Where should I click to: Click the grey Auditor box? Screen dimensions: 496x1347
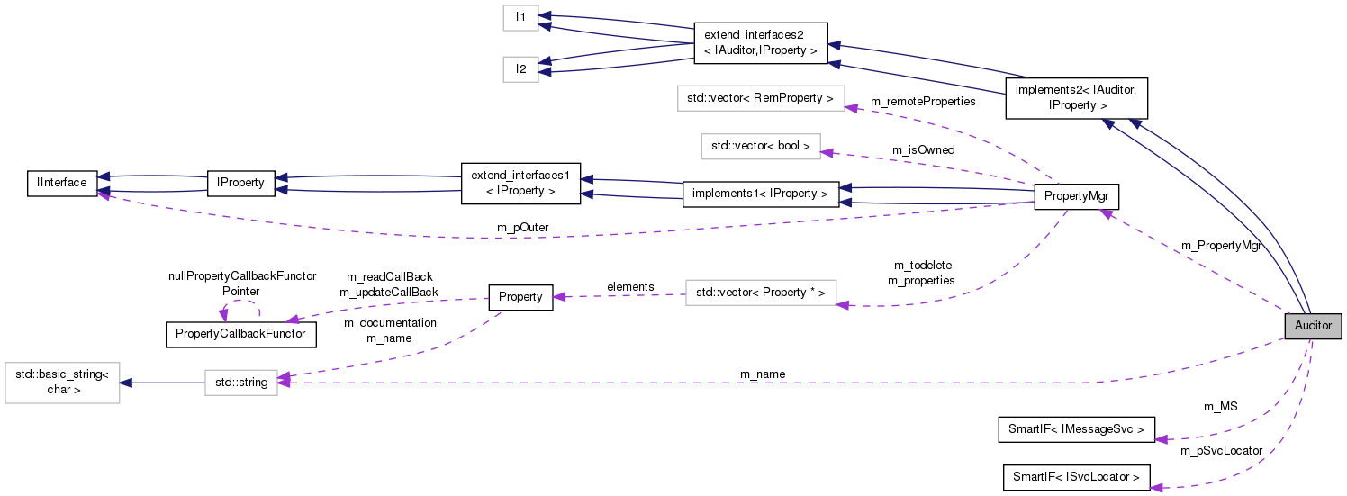[x=1313, y=326]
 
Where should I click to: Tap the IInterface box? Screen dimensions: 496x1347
[x=62, y=183]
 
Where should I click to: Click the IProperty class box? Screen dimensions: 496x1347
[x=240, y=183]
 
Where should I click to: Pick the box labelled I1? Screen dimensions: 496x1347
[x=520, y=17]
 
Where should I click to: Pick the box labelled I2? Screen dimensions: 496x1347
[x=520, y=68]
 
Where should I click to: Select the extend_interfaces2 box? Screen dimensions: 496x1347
[x=761, y=43]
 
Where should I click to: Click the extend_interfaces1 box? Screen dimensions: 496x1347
[x=520, y=183]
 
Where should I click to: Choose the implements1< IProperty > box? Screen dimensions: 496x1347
[x=761, y=194]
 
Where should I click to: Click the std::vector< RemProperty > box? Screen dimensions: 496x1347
[x=760, y=98]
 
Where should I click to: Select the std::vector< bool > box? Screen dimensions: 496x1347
[x=761, y=146]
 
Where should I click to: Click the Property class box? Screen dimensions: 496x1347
[x=520, y=297]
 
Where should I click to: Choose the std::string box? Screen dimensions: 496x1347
[x=240, y=383]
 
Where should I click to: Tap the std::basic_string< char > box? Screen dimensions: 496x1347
[x=62, y=383]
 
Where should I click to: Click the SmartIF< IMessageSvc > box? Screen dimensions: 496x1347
[x=1076, y=429]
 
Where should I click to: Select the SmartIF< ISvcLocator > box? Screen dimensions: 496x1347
[x=1076, y=477]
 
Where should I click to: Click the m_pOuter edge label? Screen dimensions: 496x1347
[x=523, y=228]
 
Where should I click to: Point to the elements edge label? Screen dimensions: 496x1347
[x=630, y=287]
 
